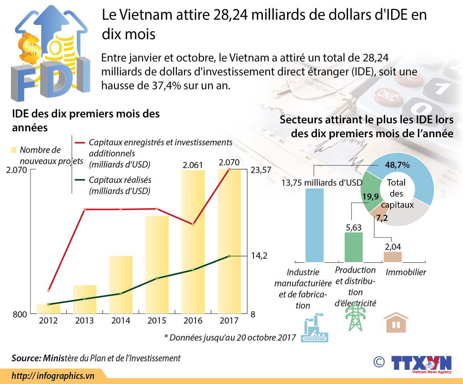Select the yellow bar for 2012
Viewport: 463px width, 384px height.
point(48,309)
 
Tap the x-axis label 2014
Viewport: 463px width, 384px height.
point(121,321)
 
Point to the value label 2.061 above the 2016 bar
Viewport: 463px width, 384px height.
point(193,165)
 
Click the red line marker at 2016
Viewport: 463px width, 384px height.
point(193,224)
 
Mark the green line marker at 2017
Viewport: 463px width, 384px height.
point(229,256)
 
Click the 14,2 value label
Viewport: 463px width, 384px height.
point(259,256)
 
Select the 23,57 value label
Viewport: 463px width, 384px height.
point(261,170)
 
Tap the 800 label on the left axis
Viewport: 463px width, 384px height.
point(20,314)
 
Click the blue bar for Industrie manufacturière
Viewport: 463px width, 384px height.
point(314,225)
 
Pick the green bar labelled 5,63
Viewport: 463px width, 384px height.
point(354,247)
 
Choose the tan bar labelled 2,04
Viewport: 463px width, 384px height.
point(392,257)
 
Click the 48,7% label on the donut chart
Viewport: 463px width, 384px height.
point(397,165)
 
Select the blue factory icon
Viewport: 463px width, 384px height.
point(314,328)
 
